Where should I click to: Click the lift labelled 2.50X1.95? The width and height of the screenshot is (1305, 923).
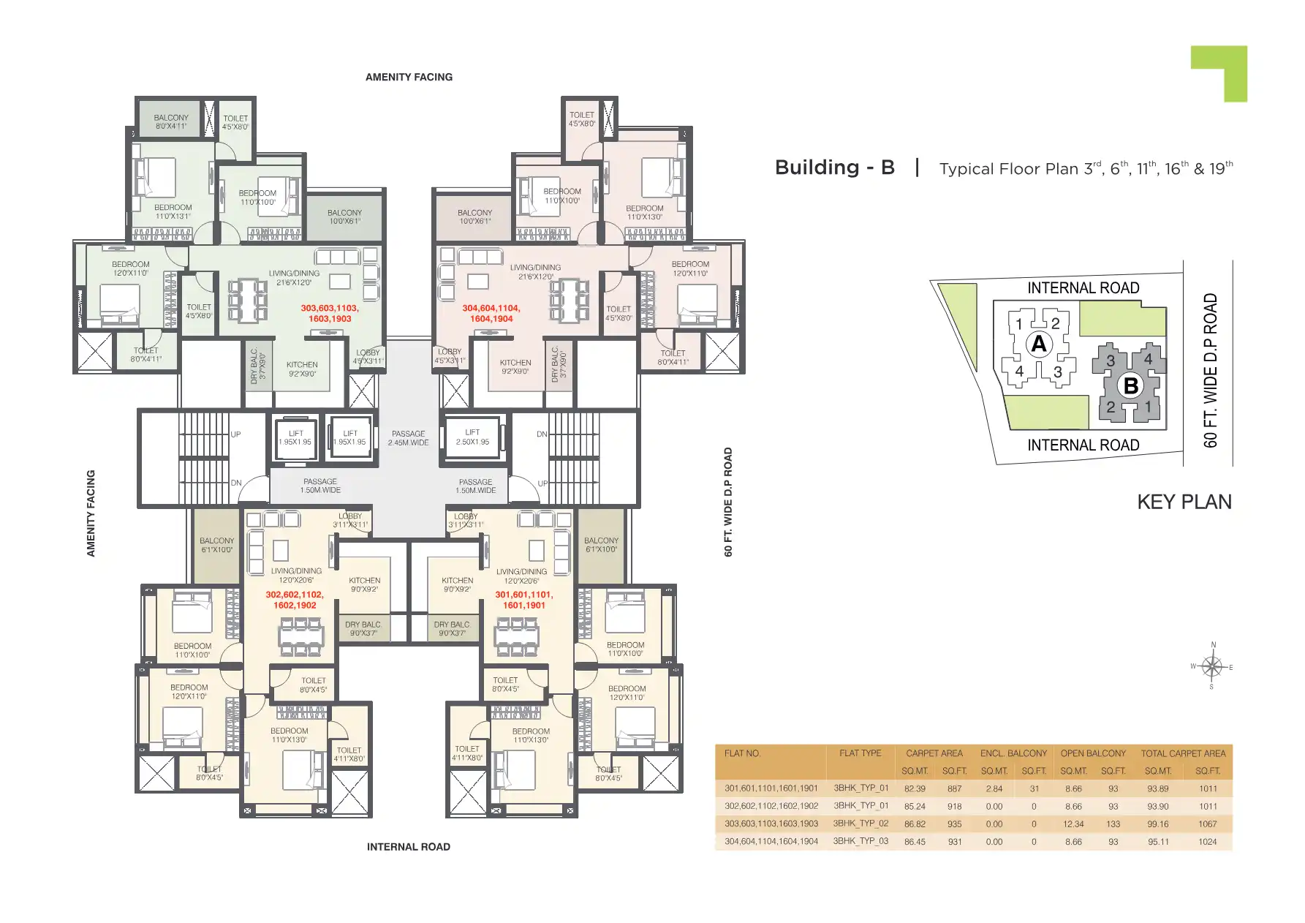tap(472, 437)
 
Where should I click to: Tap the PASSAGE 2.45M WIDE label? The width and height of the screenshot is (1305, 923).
tap(408, 438)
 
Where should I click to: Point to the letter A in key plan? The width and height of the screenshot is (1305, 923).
tap(1038, 344)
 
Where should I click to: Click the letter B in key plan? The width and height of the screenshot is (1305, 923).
tap(1131, 385)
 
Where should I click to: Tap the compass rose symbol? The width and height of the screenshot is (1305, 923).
tap(1212, 666)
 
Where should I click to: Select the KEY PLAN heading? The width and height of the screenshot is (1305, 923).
tap(1184, 502)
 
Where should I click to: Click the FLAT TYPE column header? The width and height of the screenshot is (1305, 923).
tap(860, 753)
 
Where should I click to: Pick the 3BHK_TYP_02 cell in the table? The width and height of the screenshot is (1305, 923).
tap(860, 824)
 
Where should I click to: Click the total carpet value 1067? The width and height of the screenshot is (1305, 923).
tap(1208, 824)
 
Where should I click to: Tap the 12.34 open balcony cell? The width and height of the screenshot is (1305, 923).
tap(1073, 824)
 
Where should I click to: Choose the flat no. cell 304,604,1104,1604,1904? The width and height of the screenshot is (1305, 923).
tap(771, 842)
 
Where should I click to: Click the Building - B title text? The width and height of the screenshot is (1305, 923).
tap(834, 167)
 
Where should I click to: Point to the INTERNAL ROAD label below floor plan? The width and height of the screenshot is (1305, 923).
tap(408, 847)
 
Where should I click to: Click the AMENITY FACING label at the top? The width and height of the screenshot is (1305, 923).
tap(409, 77)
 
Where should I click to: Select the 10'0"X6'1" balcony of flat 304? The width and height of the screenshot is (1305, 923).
tap(474, 216)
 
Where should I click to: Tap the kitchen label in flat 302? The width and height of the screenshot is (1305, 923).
tap(365, 584)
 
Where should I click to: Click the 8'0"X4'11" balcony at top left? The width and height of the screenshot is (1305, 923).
tap(171, 121)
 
